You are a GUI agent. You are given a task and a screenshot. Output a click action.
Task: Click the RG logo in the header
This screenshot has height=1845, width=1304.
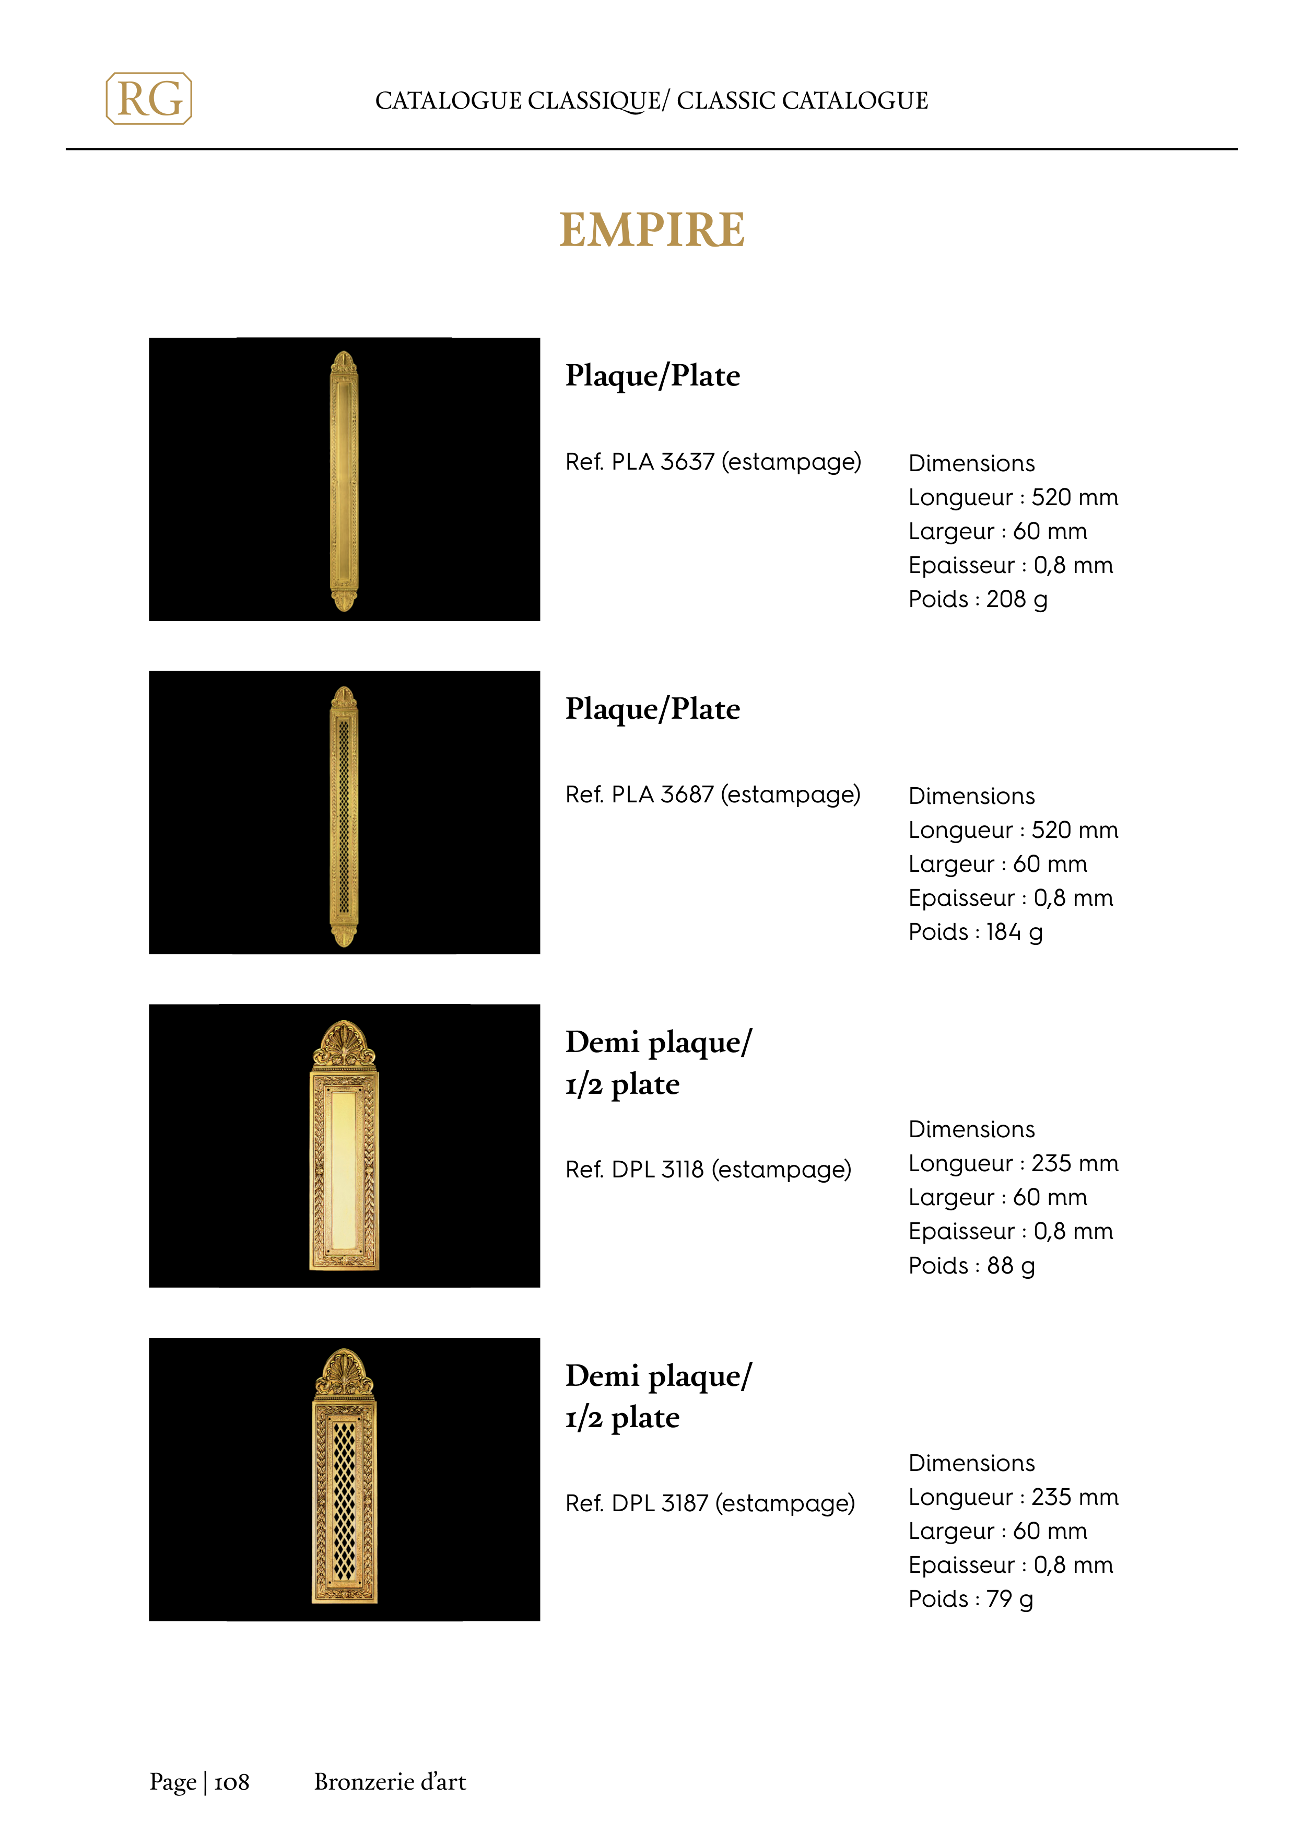point(149,99)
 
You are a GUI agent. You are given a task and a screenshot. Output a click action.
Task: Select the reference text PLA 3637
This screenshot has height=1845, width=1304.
point(662,462)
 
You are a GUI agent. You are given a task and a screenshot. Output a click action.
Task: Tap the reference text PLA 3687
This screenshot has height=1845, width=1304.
point(662,795)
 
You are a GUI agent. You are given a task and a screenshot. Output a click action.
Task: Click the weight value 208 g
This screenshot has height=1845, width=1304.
point(1016,600)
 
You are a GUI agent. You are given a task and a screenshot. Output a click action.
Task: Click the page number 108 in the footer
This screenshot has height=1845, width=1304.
point(231,1782)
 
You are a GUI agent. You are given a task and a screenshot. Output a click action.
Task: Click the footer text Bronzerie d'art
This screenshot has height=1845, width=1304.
point(390,1782)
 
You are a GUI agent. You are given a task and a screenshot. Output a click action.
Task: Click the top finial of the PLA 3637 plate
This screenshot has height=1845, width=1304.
point(344,363)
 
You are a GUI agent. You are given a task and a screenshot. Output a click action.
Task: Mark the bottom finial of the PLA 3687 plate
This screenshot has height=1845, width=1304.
point(344,934)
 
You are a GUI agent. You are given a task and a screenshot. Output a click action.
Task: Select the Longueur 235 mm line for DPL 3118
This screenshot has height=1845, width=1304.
point(1013,1163)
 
